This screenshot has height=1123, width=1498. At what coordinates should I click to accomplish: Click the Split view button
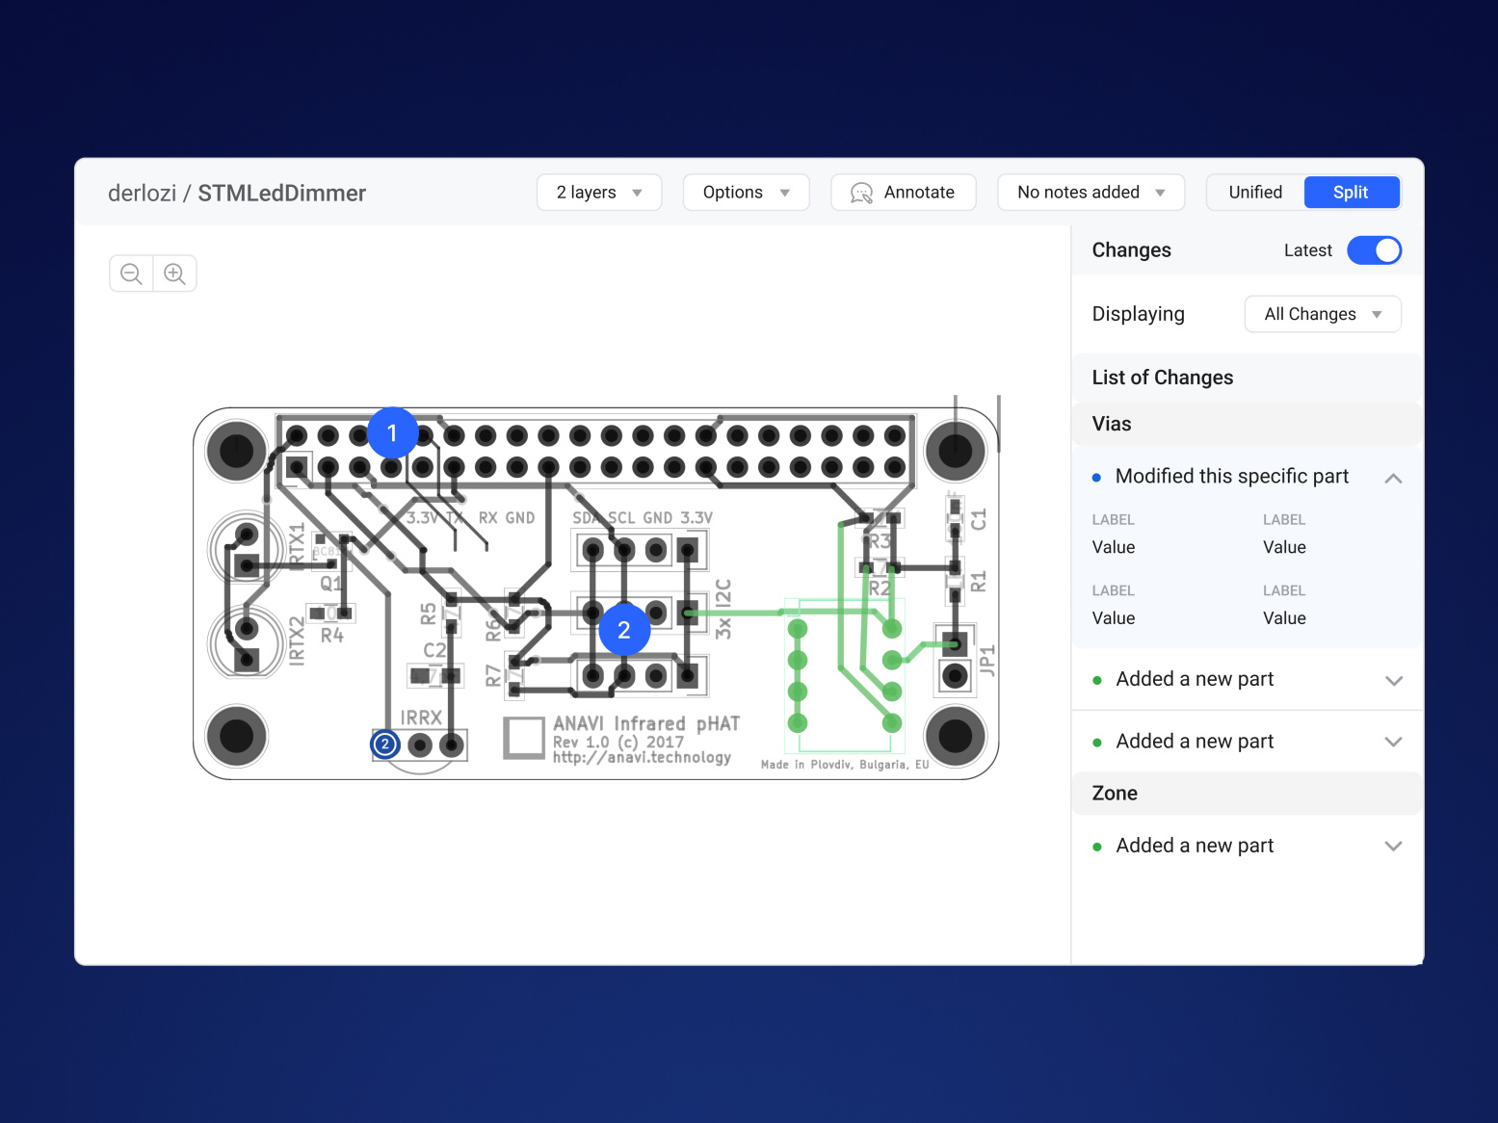tap(1350, 193)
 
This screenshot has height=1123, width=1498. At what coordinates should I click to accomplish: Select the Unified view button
tap(1255, 193)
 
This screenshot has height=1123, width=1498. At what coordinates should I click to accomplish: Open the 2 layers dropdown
tap(598, 193)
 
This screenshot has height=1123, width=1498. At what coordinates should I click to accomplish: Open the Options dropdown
tap(746, 193)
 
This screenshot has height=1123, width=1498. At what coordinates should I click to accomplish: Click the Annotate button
tap(903, 193)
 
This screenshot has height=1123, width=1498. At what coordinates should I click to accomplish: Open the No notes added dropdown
tap(1091, 193)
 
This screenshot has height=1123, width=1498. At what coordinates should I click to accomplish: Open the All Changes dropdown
tap(1322, 314)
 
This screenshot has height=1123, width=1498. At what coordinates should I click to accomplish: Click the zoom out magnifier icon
tap(132, 274)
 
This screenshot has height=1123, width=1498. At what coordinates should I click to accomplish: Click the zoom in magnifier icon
tap(174, 274)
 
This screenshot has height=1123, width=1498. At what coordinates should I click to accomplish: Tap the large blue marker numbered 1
tap(392, 433)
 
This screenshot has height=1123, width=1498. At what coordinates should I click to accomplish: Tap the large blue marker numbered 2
tap(623, 630)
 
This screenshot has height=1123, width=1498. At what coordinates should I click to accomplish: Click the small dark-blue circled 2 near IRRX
tap(385, 744)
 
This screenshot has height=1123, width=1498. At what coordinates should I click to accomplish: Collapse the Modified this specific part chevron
tap(1392, 478)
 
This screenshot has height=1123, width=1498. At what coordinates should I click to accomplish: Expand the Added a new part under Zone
tap(1392, 846)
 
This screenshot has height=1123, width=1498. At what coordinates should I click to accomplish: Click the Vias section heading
tap(1112, 424)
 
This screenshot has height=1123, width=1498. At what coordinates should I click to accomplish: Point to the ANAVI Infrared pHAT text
tap(645, 723)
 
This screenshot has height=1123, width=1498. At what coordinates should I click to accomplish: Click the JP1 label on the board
tap(986, 662)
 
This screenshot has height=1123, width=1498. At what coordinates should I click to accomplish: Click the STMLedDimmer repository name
tap(281, 194)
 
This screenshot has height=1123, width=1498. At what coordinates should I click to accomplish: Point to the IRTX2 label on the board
tap(297, 641)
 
